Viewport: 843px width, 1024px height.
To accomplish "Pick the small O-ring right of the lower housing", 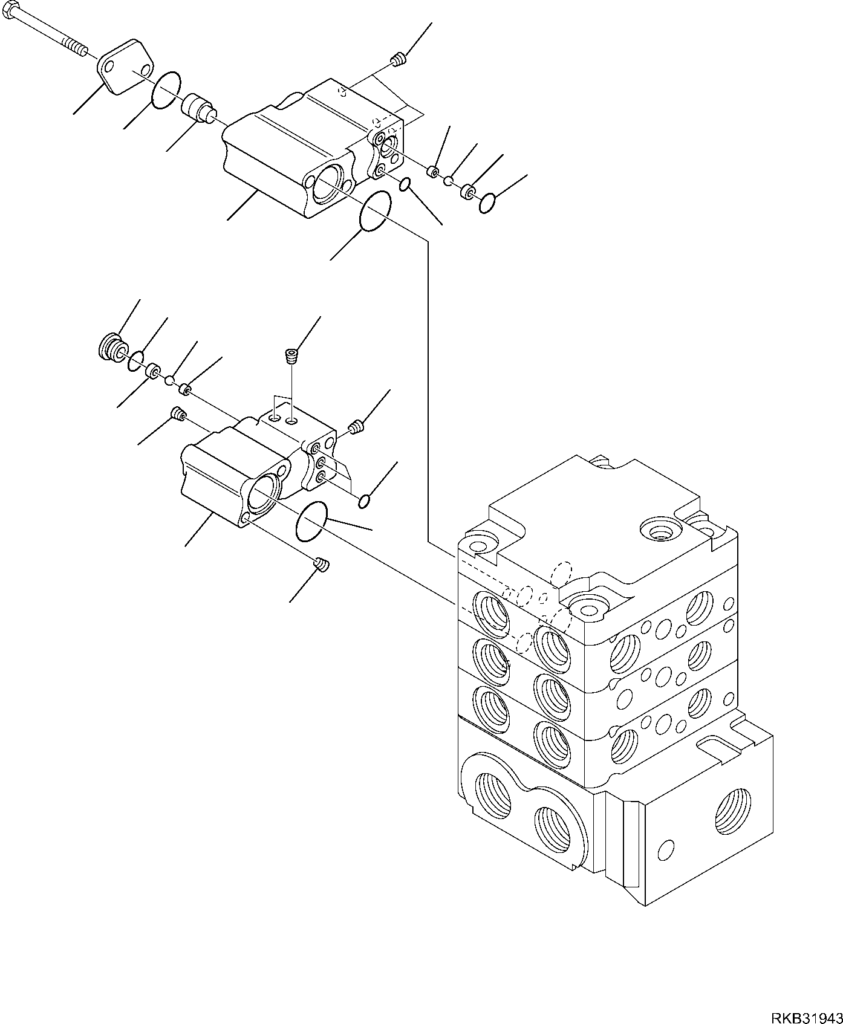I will click(x=364, y=501).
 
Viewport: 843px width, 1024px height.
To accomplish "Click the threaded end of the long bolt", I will click(x=76, y=45).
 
